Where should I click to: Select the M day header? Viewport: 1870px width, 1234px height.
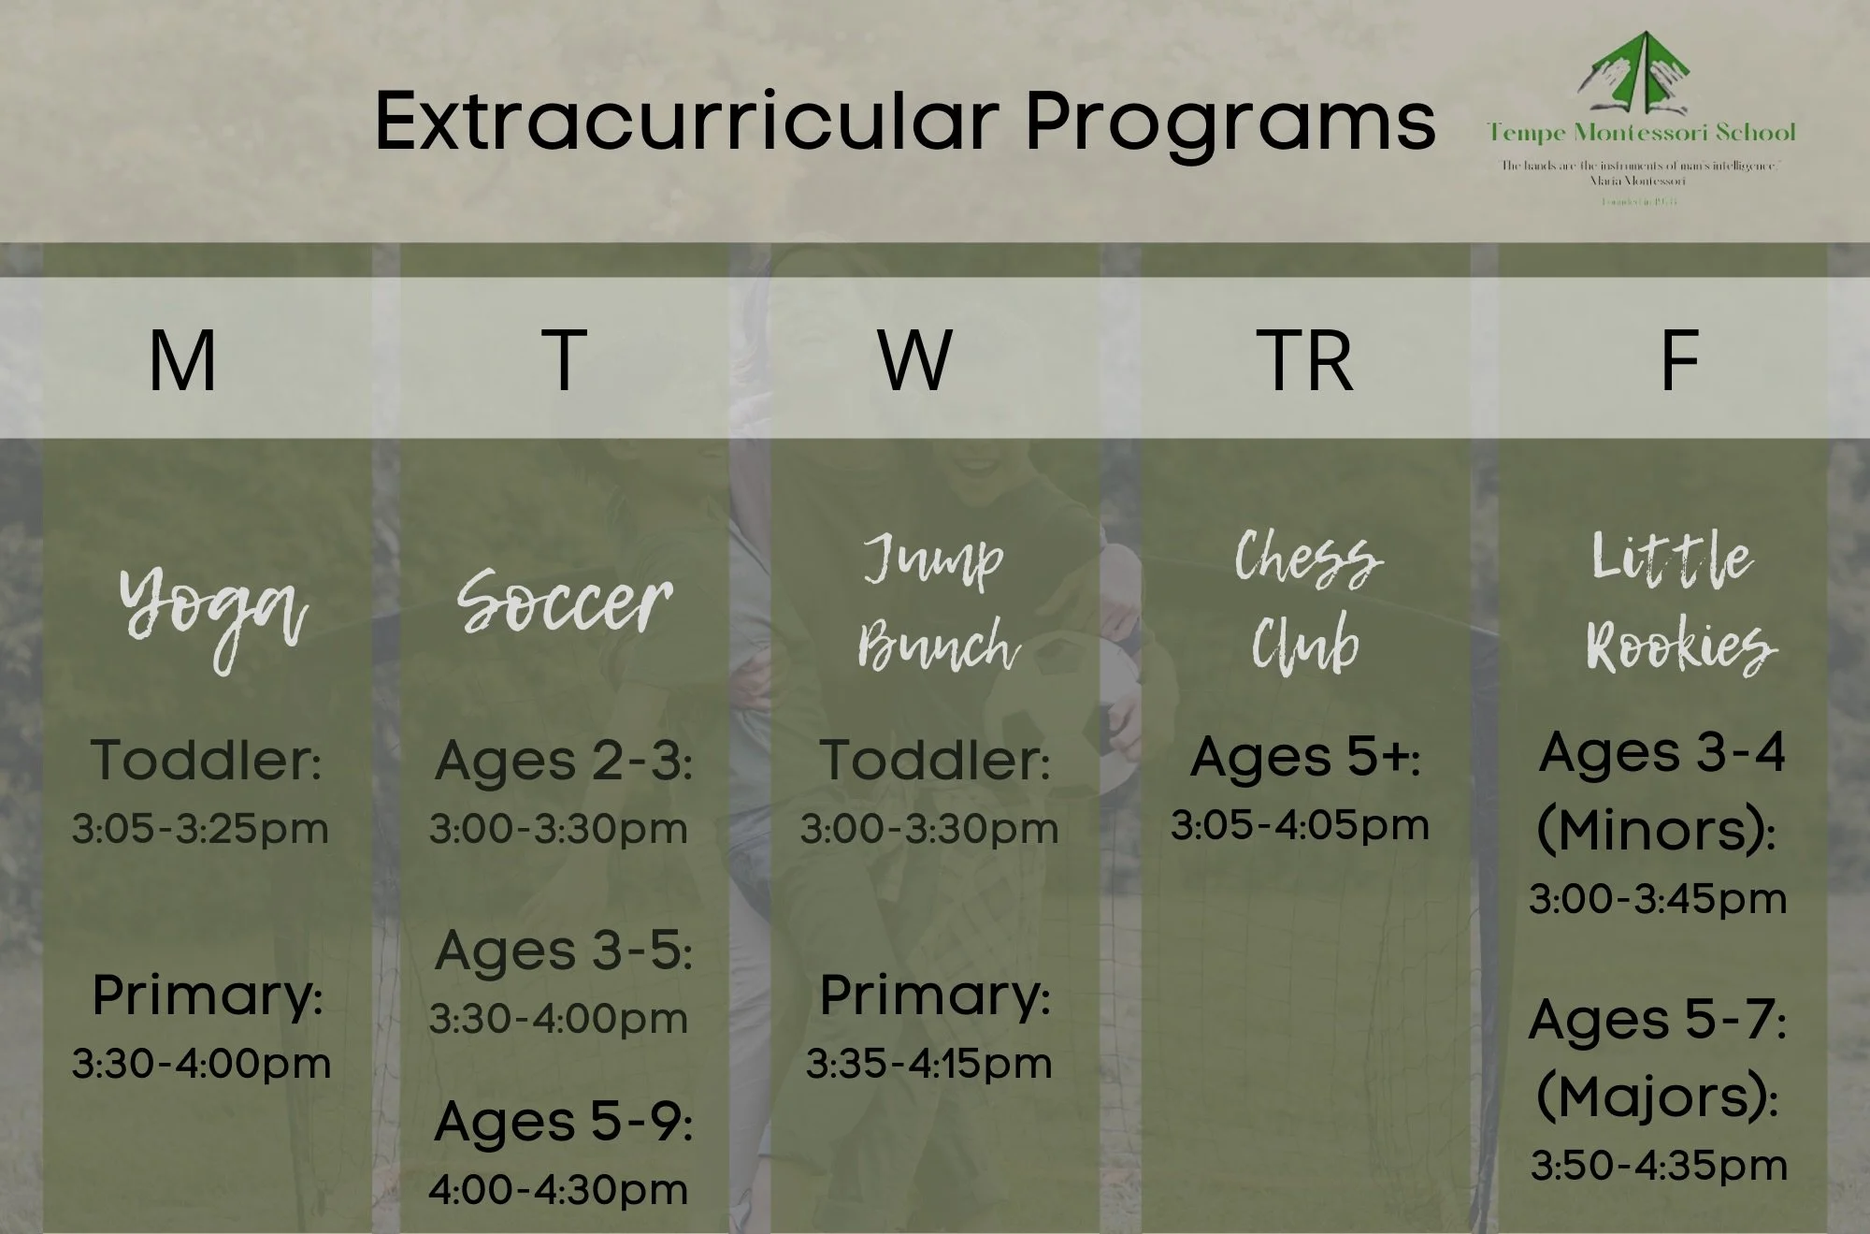pyautogui.click(x=182, y=360)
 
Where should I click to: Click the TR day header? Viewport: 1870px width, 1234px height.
pyautogui.click(x=1305, y=360)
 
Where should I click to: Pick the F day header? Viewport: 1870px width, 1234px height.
pyautogui.click(x=1679, y=360)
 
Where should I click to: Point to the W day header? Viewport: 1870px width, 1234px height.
pyautogui.click(x=915, y=360)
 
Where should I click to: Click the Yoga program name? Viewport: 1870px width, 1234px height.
pyautogui.click(x=213, y=613)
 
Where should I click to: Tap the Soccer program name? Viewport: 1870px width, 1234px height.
pyautogui.click(x=565, y=602)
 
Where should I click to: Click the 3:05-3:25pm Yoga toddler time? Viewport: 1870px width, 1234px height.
pyautogui.click(x=201, y=829)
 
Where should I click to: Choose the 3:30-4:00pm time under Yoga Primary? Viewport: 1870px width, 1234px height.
pyautogui.click(x=202, y=1064)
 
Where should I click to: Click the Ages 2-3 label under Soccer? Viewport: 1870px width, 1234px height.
pyautogui.click(x=564, y=762)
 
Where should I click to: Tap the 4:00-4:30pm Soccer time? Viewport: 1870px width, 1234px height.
pyautogui.click(x=558, y=1189)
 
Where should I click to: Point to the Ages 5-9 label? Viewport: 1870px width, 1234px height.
pyautogui.click(x=564, y=1122)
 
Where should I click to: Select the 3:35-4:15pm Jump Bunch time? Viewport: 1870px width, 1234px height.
pyautogui.click(x=929, y=1064)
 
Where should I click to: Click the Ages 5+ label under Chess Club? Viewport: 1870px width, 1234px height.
pyautogui.click(x=1305, y=757)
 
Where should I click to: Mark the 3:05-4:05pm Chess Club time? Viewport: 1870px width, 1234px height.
pyautogui.click(x=1301, y=825)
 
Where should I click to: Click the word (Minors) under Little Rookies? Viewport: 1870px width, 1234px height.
pyautogui.click(x=1656, y=829)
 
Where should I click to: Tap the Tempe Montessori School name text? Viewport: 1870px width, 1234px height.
pyautogui.click(x=1642, y=133)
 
